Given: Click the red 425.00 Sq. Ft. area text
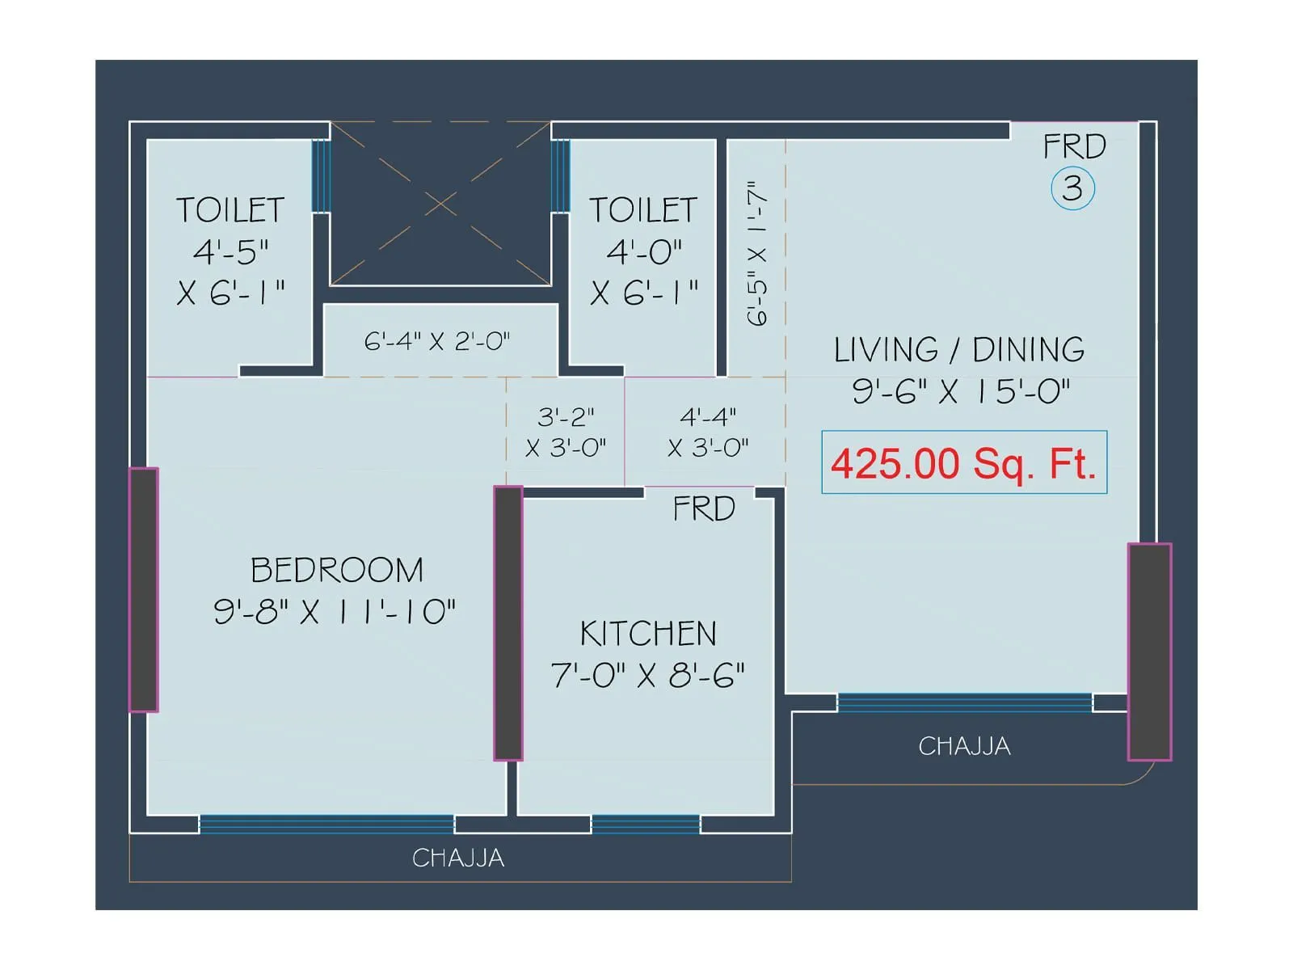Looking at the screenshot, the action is [963, 463].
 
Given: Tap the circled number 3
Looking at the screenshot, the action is [1072, 189].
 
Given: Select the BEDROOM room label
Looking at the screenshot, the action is [337, 570].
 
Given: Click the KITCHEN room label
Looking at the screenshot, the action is [648, 633].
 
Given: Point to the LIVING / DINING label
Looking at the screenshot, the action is [959, 350].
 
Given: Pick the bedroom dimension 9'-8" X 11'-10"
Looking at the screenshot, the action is [335, 611].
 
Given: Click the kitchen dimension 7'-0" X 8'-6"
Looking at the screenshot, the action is [648, 675].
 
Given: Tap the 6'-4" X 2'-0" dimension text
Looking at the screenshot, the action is [436, 341].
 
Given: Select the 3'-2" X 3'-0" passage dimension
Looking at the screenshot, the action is [566, 432].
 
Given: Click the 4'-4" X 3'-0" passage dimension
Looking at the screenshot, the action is [708, 432].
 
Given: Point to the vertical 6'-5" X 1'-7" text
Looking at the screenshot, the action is [757, 253].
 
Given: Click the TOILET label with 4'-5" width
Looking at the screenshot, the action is [230, 209].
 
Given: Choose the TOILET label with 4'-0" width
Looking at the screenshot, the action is [643, 209].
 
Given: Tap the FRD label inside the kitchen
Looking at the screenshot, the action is [704, 508].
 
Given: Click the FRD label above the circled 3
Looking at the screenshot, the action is [1075, 146].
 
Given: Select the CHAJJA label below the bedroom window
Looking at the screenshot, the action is [458, 858].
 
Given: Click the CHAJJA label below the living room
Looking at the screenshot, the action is [964, 746].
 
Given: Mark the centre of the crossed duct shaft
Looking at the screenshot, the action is [440, 204].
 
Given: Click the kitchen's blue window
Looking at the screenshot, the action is [646, 824].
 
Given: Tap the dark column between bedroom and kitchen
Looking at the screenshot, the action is [508, 623].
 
